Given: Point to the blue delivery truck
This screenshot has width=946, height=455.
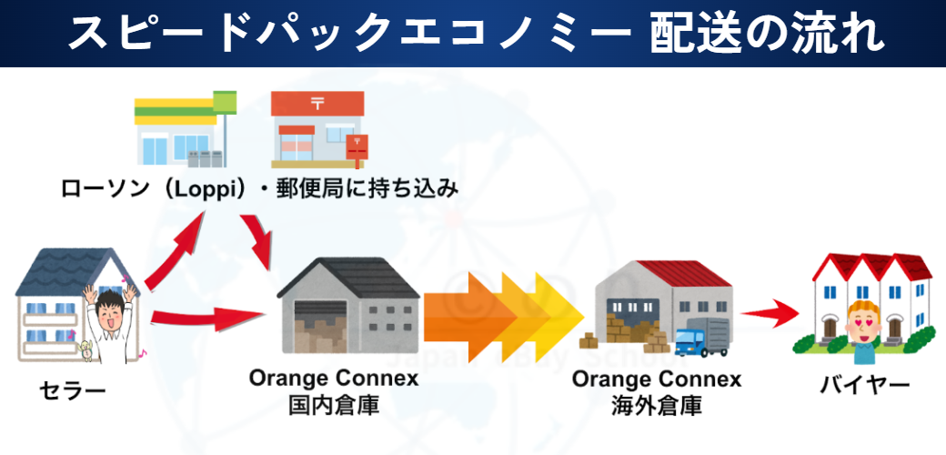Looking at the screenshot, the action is pos(701,339).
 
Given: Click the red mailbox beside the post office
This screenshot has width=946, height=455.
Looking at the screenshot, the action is pos(357,148).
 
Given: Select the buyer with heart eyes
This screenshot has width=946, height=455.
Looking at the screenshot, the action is pos(864,333).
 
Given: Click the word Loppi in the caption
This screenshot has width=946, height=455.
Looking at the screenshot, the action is pos(200,189).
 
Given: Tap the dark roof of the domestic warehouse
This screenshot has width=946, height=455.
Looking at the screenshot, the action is pos(349,277).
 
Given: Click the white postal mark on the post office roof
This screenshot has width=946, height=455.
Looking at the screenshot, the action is pos(317,104).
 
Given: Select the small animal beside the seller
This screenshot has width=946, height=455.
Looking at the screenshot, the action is pos(87,350).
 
